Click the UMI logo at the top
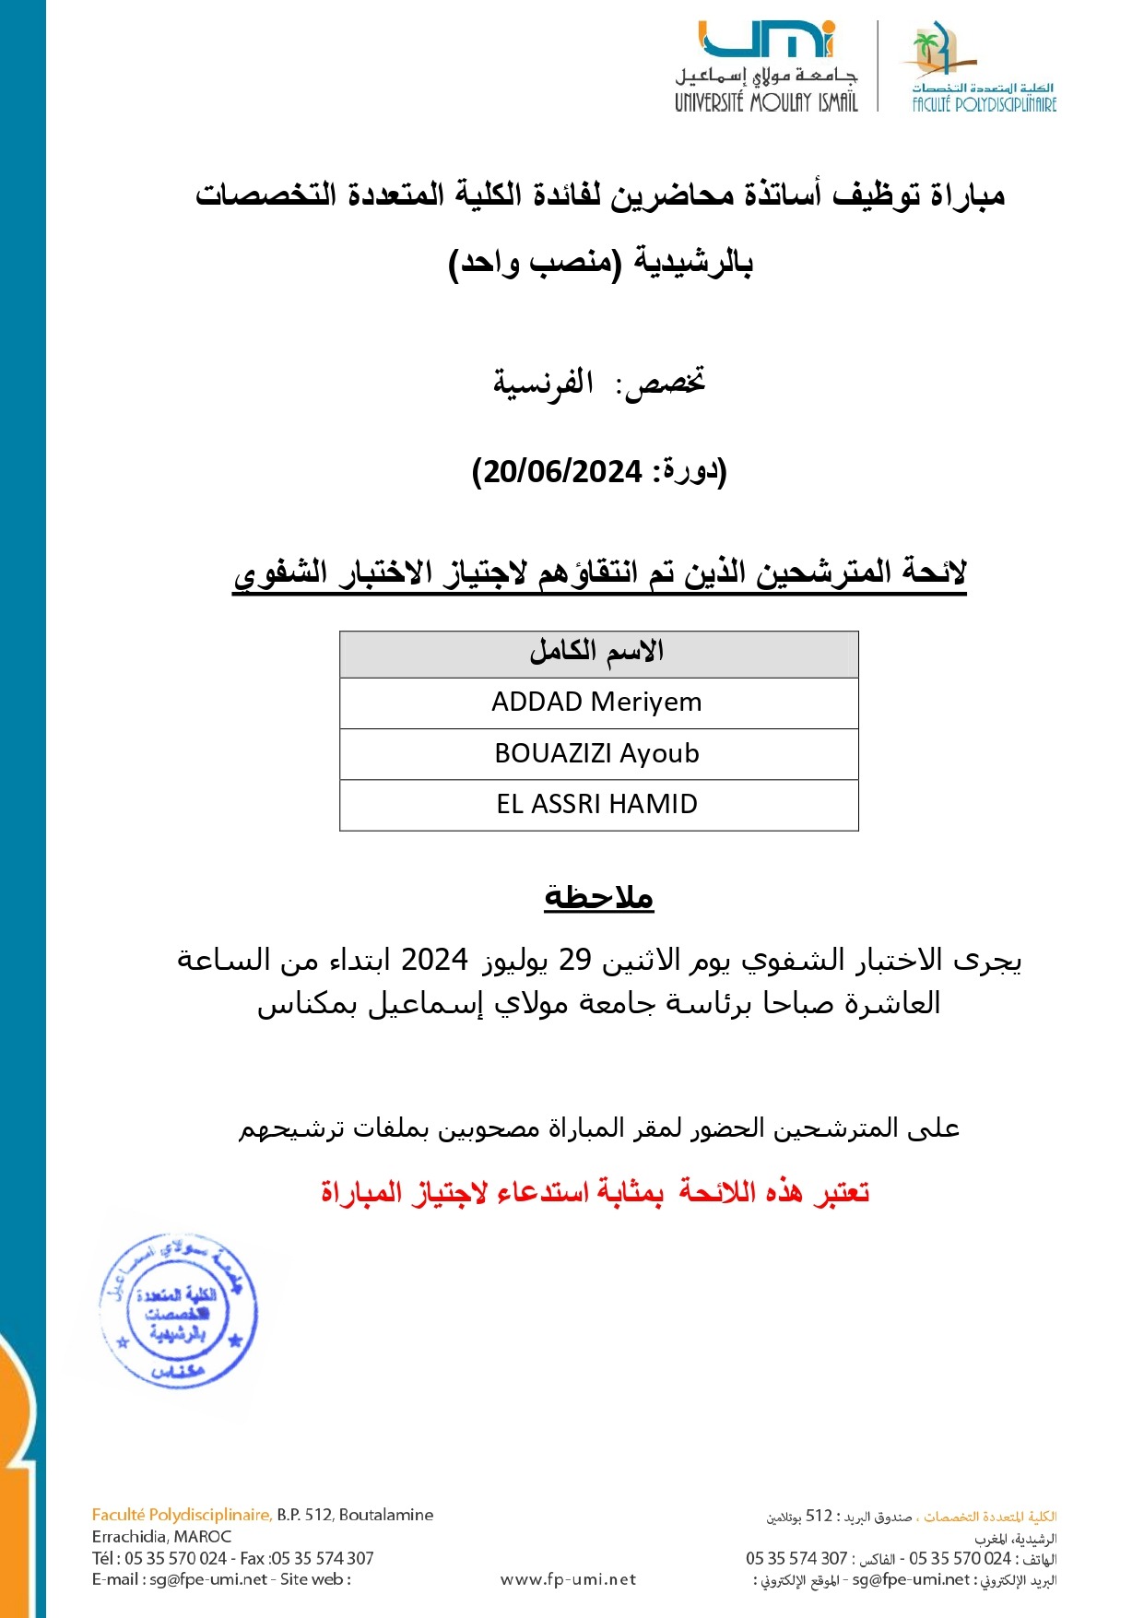766,39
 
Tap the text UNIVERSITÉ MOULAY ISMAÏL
765,102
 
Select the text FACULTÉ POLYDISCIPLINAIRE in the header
984,105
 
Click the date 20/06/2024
562,472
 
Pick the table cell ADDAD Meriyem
597,703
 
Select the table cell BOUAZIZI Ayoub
597,754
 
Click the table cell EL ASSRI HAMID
597,805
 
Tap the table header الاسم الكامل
597,652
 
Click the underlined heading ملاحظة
599,897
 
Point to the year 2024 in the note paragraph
434,961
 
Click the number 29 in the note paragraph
574,961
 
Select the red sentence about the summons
595,1193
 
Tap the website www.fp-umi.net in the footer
568,1580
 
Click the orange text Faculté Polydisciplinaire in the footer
182,1515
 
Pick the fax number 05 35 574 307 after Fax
323,1559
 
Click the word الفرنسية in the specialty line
543,383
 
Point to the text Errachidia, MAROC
161,1537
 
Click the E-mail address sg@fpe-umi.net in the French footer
208,1580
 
